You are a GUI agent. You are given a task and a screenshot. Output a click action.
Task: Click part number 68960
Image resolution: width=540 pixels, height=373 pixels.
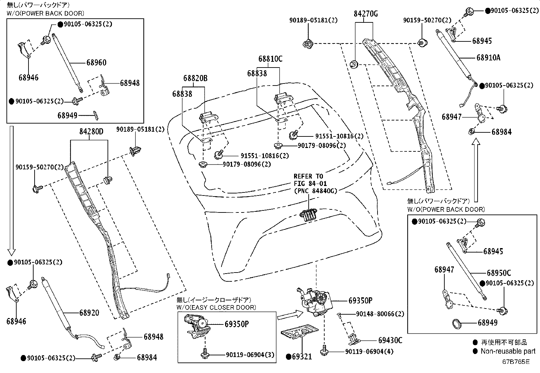pos(96,62)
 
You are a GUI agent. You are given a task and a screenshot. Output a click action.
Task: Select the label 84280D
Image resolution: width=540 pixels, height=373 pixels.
pos(91,131)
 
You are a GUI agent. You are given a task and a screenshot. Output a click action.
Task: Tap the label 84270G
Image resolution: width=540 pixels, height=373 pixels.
pos(366,14)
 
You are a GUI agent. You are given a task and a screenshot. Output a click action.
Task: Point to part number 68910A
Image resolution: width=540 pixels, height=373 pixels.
pos(488,57)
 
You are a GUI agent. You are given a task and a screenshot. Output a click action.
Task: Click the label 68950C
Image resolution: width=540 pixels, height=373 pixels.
pos(499,273)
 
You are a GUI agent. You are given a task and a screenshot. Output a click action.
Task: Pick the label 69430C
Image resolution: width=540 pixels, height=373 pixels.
pos(390,340)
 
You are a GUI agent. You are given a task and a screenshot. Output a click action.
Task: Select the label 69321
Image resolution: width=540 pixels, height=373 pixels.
pos(301,356)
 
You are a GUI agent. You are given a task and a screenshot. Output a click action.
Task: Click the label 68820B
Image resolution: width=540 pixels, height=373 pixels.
pos(195,78)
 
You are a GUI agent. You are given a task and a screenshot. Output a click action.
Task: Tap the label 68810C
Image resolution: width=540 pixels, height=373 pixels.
pos(270,59)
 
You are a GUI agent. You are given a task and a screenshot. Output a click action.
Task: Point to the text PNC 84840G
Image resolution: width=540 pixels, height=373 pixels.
pos(316,191)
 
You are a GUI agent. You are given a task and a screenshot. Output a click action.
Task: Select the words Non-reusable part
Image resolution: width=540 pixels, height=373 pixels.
pos(508,351)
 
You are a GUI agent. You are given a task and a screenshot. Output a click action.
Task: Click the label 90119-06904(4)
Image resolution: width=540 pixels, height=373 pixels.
pos(369,352)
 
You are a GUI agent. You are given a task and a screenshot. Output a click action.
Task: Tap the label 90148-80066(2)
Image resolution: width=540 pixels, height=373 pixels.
pos(380,314)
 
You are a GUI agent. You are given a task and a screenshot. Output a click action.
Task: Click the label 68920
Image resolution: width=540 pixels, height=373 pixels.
pos(89,313)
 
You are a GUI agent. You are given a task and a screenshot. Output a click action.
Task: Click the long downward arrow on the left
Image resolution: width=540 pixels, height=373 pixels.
pos(12,190)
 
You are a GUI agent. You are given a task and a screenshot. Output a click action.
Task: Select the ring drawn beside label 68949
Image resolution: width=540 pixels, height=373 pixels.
pos(458,323)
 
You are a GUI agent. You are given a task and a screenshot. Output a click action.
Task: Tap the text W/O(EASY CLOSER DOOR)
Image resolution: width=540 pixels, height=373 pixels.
pos(216,307)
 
